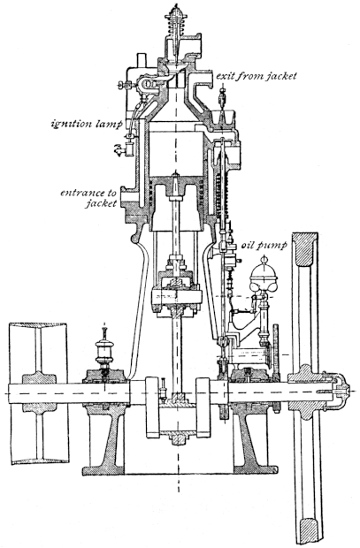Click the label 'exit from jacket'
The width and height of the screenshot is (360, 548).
pyautogui.click(x=257, y=76)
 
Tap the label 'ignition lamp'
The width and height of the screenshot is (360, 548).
pyautogui.click(x=87, y=124)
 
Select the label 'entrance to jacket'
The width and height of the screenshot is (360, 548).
pyautogui.click(x=88, y=197)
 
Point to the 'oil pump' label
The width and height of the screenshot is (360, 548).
pyautogui.click(x=264, y=245)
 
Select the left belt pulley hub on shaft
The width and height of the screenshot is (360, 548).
pyautogui.click(x=39, y=392)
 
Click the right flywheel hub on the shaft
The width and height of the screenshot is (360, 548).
pyautogui.click(x=307, y=392)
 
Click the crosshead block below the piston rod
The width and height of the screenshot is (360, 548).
pyautogui.click(x=176, y=297)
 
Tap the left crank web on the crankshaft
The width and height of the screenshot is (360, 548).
pyautogui.click(x=152, y=407)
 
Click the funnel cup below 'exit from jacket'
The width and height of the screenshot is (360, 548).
pyautogui.click(x=222, y=118)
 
